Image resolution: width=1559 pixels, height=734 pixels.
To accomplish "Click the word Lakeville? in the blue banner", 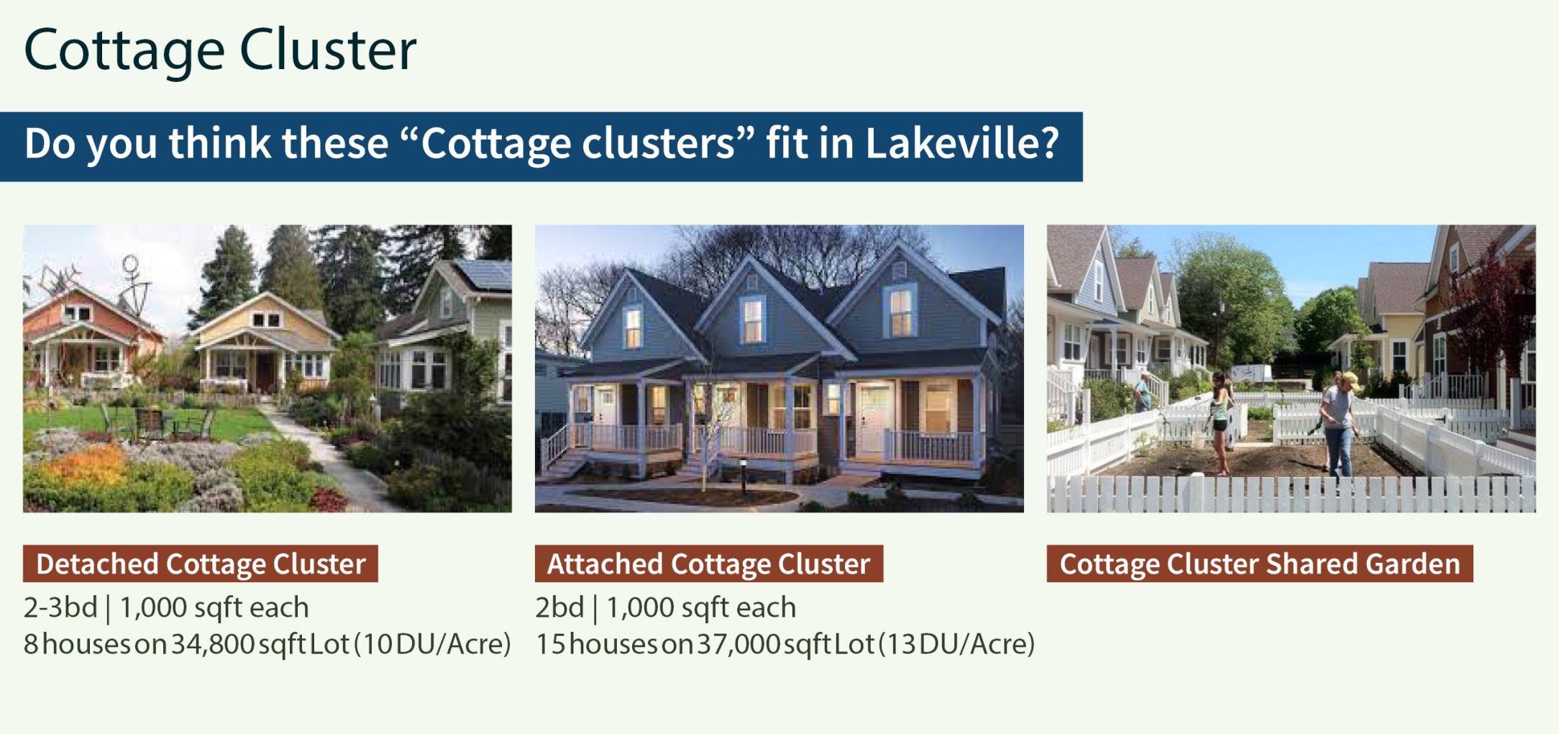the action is point(962,143).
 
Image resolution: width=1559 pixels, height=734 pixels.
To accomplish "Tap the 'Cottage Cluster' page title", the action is point(220,50).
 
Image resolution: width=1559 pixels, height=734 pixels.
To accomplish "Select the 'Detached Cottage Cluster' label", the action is point(201,563).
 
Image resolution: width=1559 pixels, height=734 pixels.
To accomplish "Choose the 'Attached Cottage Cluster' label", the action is point(709,563).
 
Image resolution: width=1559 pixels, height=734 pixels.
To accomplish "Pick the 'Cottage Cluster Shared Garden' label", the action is point(1260,563).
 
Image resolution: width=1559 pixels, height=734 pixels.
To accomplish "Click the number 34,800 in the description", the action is point(213,643).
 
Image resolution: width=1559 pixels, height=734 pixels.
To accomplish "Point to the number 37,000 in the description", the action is point(739,643).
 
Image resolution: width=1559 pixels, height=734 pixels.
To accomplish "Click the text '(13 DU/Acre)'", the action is point(957,643).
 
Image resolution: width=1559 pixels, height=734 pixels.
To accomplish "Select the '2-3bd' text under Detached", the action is point(60,607).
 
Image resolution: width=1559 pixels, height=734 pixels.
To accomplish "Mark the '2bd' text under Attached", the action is point(559,607).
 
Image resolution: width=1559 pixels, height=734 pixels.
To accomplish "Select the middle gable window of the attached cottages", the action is point(752,319).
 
